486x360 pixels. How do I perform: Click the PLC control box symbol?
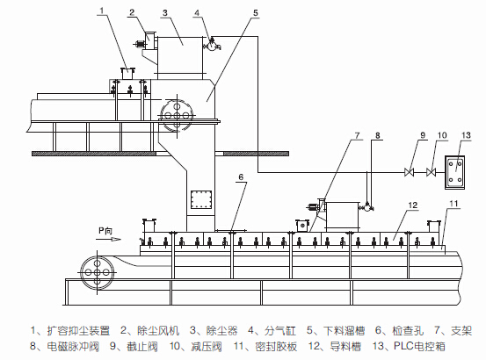point(455,172)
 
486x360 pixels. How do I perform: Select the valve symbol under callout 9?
point(410,172)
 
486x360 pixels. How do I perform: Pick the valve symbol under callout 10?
point(431,172)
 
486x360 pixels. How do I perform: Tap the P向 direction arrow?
point(108,239)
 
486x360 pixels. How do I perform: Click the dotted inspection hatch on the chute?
point(201,199)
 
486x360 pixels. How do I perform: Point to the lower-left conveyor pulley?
point(97,273)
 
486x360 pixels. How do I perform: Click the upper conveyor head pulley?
point(177,115)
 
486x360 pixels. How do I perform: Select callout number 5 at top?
point(256,13)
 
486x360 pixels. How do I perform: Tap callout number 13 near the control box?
point(466,135)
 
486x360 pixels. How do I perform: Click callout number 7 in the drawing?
point(357,135)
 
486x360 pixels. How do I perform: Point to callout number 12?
point(413,205)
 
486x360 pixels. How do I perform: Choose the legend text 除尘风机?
point(158,331)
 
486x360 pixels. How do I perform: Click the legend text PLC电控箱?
point(419,346)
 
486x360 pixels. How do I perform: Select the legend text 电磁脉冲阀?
point(73,346)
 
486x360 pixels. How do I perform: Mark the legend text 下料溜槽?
point(344,331)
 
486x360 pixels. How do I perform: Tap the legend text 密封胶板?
point(276,346)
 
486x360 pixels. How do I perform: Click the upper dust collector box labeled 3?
point(180,54)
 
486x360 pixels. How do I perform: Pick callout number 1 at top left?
point(102,11)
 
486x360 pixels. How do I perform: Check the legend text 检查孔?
point(408,331)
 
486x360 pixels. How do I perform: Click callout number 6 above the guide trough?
point(241,177)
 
